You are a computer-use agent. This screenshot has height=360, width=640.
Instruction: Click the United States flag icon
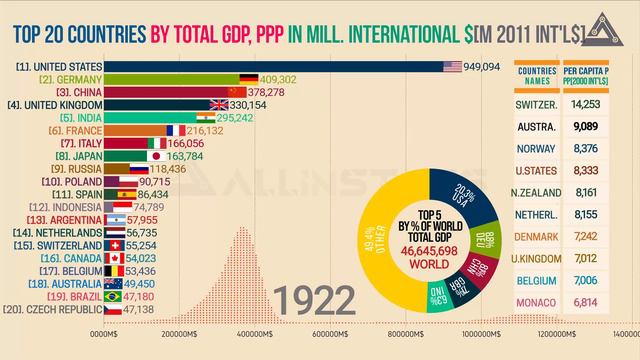450,67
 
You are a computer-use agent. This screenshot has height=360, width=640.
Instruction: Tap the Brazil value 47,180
138,296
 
